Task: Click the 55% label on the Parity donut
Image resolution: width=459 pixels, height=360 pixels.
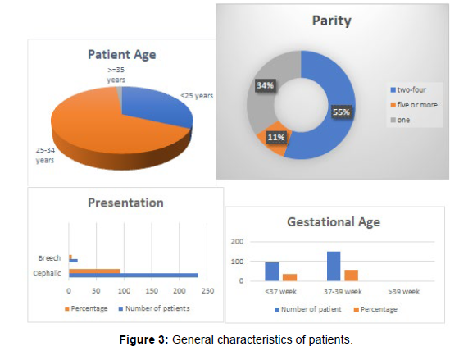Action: click(x=341, y=112)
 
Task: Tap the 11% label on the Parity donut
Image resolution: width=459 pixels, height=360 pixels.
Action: click(x=275, y=137)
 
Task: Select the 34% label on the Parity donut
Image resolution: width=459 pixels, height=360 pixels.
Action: click(x=265, y=85)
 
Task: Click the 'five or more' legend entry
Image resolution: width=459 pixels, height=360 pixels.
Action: click(x=414, y=105)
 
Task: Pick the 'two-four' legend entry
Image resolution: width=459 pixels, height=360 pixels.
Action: click(x=408, y=89)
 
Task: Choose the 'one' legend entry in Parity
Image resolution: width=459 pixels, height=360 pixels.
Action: click(x=400, y=120)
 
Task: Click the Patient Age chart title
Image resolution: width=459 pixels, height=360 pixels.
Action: click(x=122, y=55)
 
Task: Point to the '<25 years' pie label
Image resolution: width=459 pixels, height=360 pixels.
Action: click(x=197, y=96)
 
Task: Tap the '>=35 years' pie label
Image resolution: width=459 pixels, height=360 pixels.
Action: click(x=116, y=75)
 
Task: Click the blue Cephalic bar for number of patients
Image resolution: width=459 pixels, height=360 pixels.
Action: click(x=134, y=276)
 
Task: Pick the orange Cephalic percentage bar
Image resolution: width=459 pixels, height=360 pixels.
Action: click(x=94, y=271)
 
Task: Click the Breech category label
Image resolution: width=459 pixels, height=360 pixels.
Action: click(x=49, y=258)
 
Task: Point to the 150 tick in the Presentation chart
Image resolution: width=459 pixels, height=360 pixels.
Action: click(x=152, y=291)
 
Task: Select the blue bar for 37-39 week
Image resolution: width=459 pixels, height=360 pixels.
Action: click(x=334, y=266)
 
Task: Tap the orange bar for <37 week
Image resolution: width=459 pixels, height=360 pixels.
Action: click(x=289, y=277)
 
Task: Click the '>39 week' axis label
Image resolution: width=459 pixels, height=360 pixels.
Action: click(x=403, y=292)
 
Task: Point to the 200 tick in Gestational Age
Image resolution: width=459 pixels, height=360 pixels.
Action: click(x=237, y=242)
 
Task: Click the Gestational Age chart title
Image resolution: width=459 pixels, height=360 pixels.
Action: click(x=334, y=222)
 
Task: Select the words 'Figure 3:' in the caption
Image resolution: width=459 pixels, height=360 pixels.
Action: click(x=143, y=339)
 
